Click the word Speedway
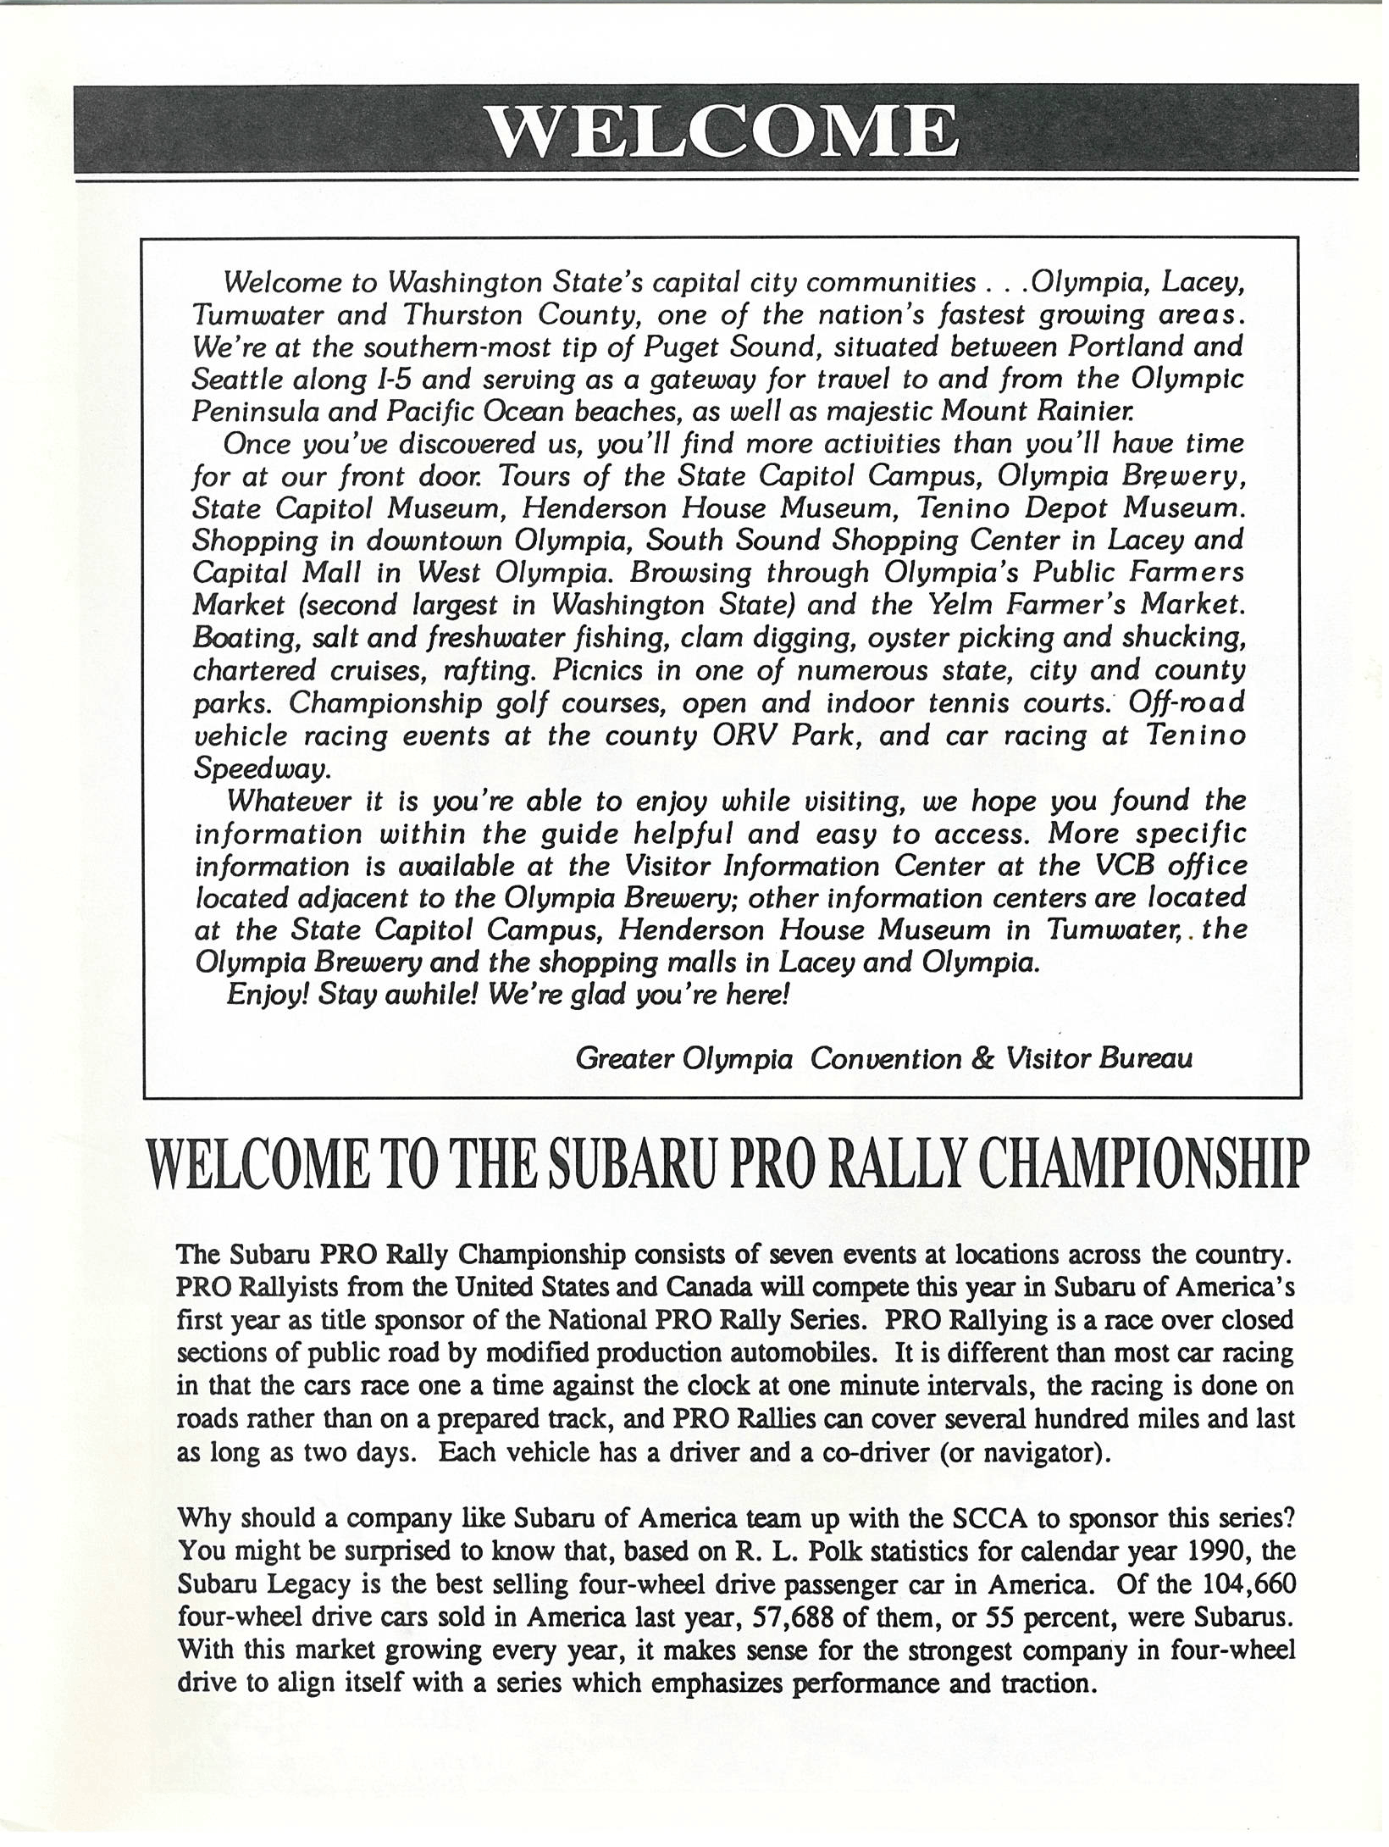260,768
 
